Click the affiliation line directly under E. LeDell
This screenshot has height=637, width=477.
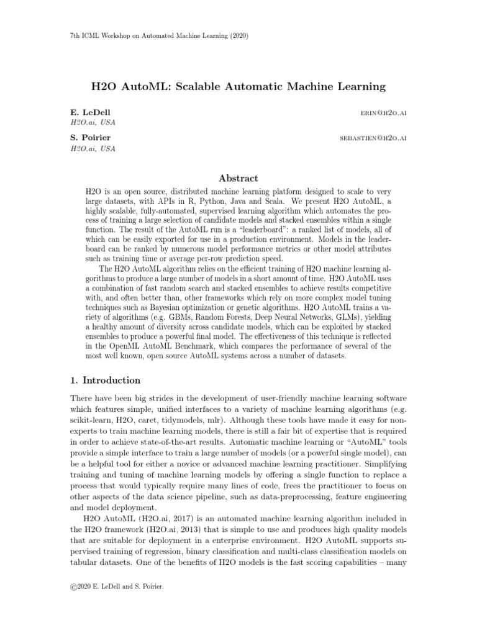pos(93,123)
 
